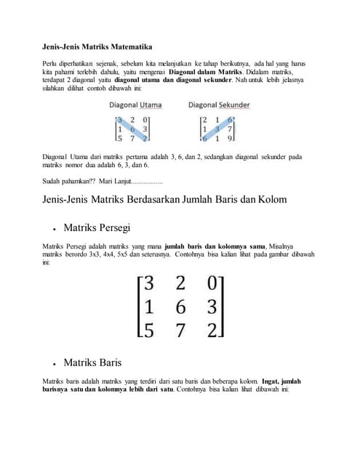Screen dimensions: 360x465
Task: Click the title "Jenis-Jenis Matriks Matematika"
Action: (x=97, y=46)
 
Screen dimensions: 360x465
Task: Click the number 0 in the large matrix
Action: (x=212, y=282)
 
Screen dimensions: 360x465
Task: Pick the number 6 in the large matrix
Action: (x=179, y=307)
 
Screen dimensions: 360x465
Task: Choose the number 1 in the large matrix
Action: (x=147, y=307)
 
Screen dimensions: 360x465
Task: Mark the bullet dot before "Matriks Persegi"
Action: (x=55, y=229)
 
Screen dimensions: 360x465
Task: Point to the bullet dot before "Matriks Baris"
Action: (x=55, y=363)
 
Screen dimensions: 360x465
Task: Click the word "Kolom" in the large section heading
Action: (x=268, y=198)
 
